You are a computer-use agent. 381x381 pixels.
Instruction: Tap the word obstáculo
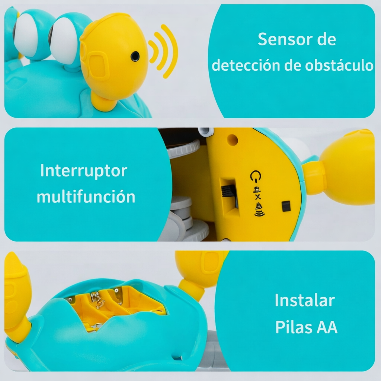click(339, 65)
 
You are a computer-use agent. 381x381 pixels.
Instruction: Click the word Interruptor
click(84, 170)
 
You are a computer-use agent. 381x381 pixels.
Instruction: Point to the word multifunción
click(86, 196)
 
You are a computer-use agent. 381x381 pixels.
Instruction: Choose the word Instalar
click(305, 300)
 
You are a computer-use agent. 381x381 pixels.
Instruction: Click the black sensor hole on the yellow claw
click(135, 57)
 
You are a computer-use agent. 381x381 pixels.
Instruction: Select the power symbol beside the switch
click(256, 176)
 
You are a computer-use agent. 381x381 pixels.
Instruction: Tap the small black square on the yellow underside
click(286, 206)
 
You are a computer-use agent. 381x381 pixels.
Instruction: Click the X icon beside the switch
click(257, 197)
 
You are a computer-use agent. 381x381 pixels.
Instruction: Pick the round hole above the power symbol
click(232, 140)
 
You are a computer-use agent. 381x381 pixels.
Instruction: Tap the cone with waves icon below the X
click(259, 209)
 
